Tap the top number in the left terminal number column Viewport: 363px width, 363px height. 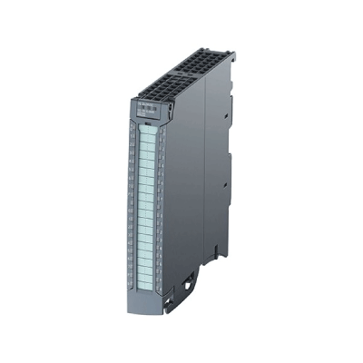coord(135,132)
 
